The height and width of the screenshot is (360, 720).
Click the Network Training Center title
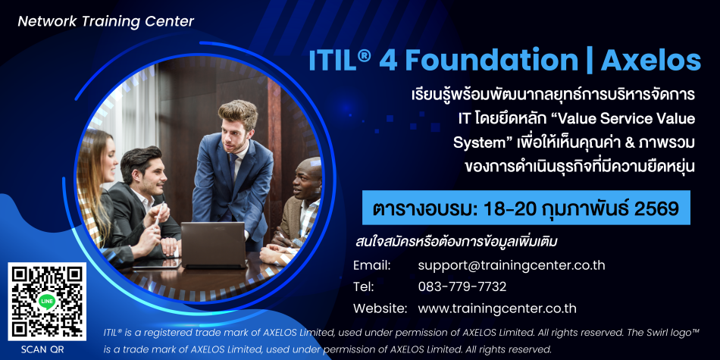click(x=105, y=21)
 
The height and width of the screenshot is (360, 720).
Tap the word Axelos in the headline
click(x=651, y=61)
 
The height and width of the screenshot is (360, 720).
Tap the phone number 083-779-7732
click(x=462, y=287)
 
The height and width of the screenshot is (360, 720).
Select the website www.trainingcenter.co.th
click(x=497, y=308)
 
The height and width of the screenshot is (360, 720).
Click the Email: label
click(x=371, y=265)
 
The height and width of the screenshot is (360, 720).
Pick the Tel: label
click(x=363, y=287)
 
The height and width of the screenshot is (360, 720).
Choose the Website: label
click(x=380, y=308)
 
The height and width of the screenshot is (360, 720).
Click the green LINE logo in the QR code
click(x=47, y=301)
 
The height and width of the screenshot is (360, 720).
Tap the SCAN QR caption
click(x=42, y=349)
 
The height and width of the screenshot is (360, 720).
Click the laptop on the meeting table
click(x=214, y=246)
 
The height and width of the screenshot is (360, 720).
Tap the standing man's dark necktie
click(x=233, y=166)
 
